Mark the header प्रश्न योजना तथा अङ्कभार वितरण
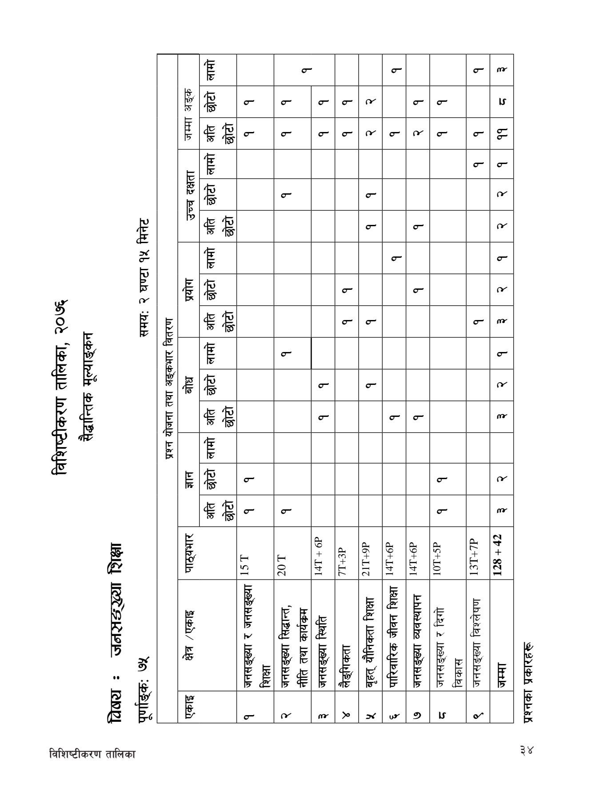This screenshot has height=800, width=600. (168, 382)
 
